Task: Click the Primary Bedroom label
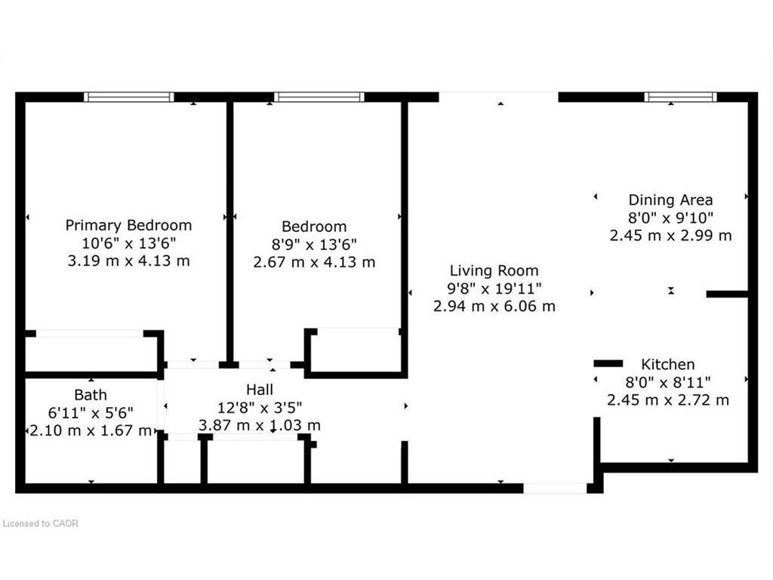pyautogui.click(x=128, y=225)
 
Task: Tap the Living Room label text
pyautogui.click(x=494, y=270)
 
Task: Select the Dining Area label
pyautogui.click(x=670, y=200)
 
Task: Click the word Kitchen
pyautogui.click(x=668, y=364)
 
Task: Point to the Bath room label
pyautogui.click(x=91, y=394)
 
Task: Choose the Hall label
pyautogui.click(x=259, y=389)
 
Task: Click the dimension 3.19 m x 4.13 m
pyautogui.click(x=128, y=261)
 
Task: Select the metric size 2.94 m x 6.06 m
pyautogui.click(x=494, y=306)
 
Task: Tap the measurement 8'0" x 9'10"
pyautogui.click(x=670, y=217)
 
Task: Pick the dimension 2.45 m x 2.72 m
pyautogui.click(x=668, y=400)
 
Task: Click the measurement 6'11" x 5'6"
pyautogui.click(x=91, y=412)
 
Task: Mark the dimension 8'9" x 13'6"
pyautogui.click(x=314, y=244)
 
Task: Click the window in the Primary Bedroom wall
pyautogui.click(x=128, y=97)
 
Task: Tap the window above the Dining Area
pyautogui.click(x=680, y=97)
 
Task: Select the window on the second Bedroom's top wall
pyautogui.click(x=319, y=97)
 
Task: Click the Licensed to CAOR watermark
pyautogui.click(x=41, y=523)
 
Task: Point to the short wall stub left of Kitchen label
pyautogui.click(x=608, y=363)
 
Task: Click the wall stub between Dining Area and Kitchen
pyautogui.click(x=727, y=294)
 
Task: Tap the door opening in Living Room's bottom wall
pyautogui.click(x=555, y=489)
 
